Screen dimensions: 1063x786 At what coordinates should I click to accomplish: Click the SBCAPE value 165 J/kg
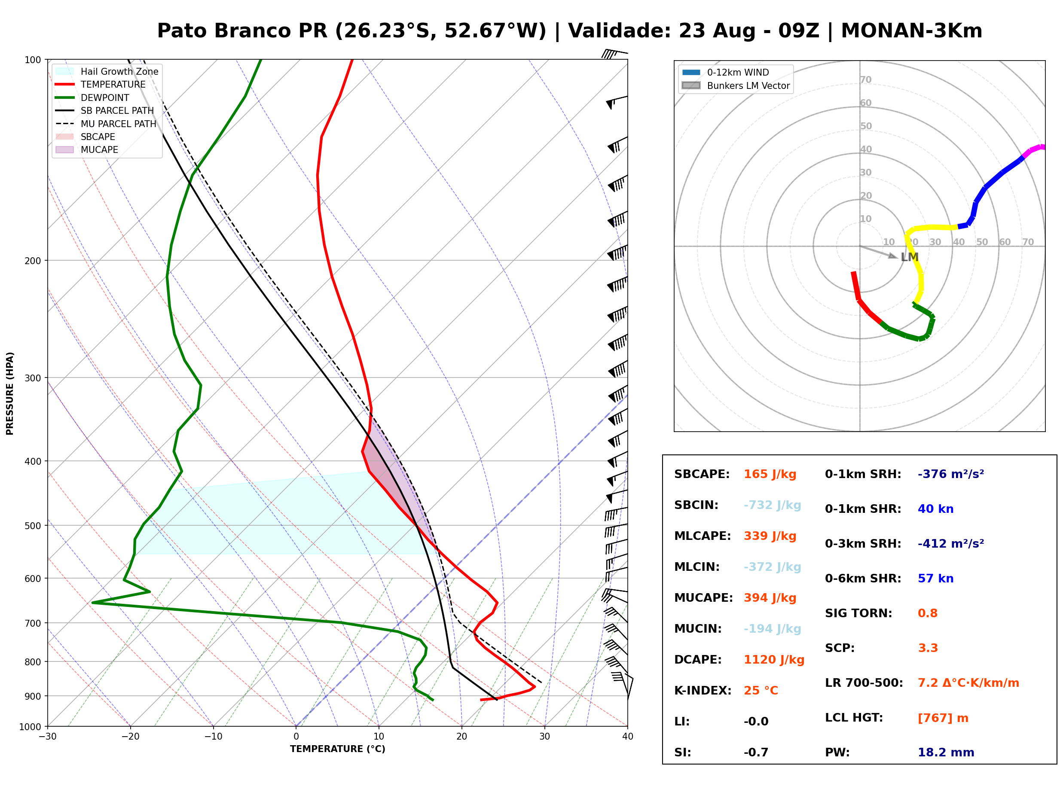770,474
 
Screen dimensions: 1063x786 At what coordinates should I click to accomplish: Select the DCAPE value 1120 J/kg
774,660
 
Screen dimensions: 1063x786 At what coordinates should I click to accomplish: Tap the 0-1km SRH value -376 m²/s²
951,474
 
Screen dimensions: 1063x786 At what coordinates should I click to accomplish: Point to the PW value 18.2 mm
946,752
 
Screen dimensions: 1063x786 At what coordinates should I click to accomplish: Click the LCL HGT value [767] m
943,718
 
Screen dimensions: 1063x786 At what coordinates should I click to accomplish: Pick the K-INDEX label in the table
703,691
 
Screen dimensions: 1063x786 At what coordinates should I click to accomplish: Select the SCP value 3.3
928,649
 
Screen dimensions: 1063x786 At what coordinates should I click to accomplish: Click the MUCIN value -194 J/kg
772,629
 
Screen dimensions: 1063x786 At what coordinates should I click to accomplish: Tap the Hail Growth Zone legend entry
107,71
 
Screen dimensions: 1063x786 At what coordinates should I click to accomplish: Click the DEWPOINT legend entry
92,97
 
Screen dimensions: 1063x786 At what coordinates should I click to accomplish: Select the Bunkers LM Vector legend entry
736,85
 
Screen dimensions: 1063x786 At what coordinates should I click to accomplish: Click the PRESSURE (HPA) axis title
9,393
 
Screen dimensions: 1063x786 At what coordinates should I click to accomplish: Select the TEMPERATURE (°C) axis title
338,749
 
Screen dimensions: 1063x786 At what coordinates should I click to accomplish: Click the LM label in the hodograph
909,257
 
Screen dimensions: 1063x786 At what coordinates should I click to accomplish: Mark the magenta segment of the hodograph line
1033,151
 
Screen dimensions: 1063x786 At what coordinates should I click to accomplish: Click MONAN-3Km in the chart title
911,31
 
